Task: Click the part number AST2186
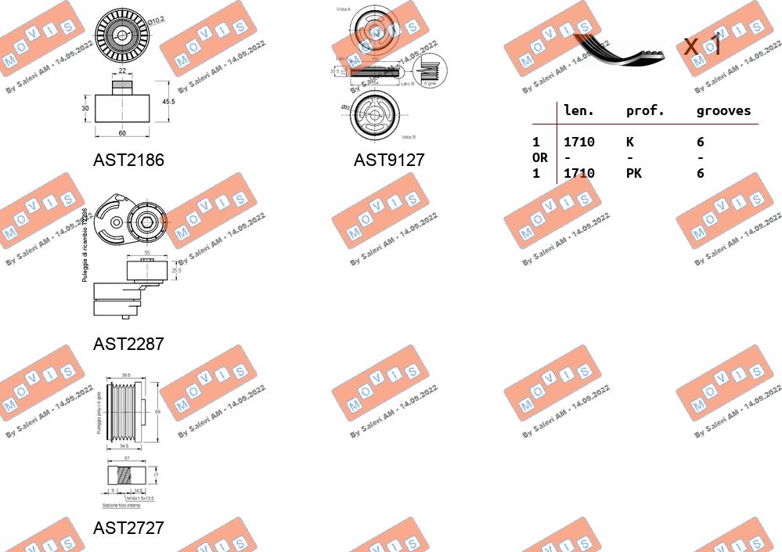click(128, 161)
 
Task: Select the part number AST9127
click(389, 161)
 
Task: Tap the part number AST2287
click(128, 344)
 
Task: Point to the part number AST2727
click(128, 528)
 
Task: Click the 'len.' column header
click(578, 111)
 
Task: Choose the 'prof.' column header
click(645, 111)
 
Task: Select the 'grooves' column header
click(723, 111)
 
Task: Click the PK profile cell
click(633, 173)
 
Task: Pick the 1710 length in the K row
click(578, 142)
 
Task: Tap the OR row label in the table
click(539, 157)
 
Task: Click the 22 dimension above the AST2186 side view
click(121, 72)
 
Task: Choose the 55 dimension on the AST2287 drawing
click(146, 254)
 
